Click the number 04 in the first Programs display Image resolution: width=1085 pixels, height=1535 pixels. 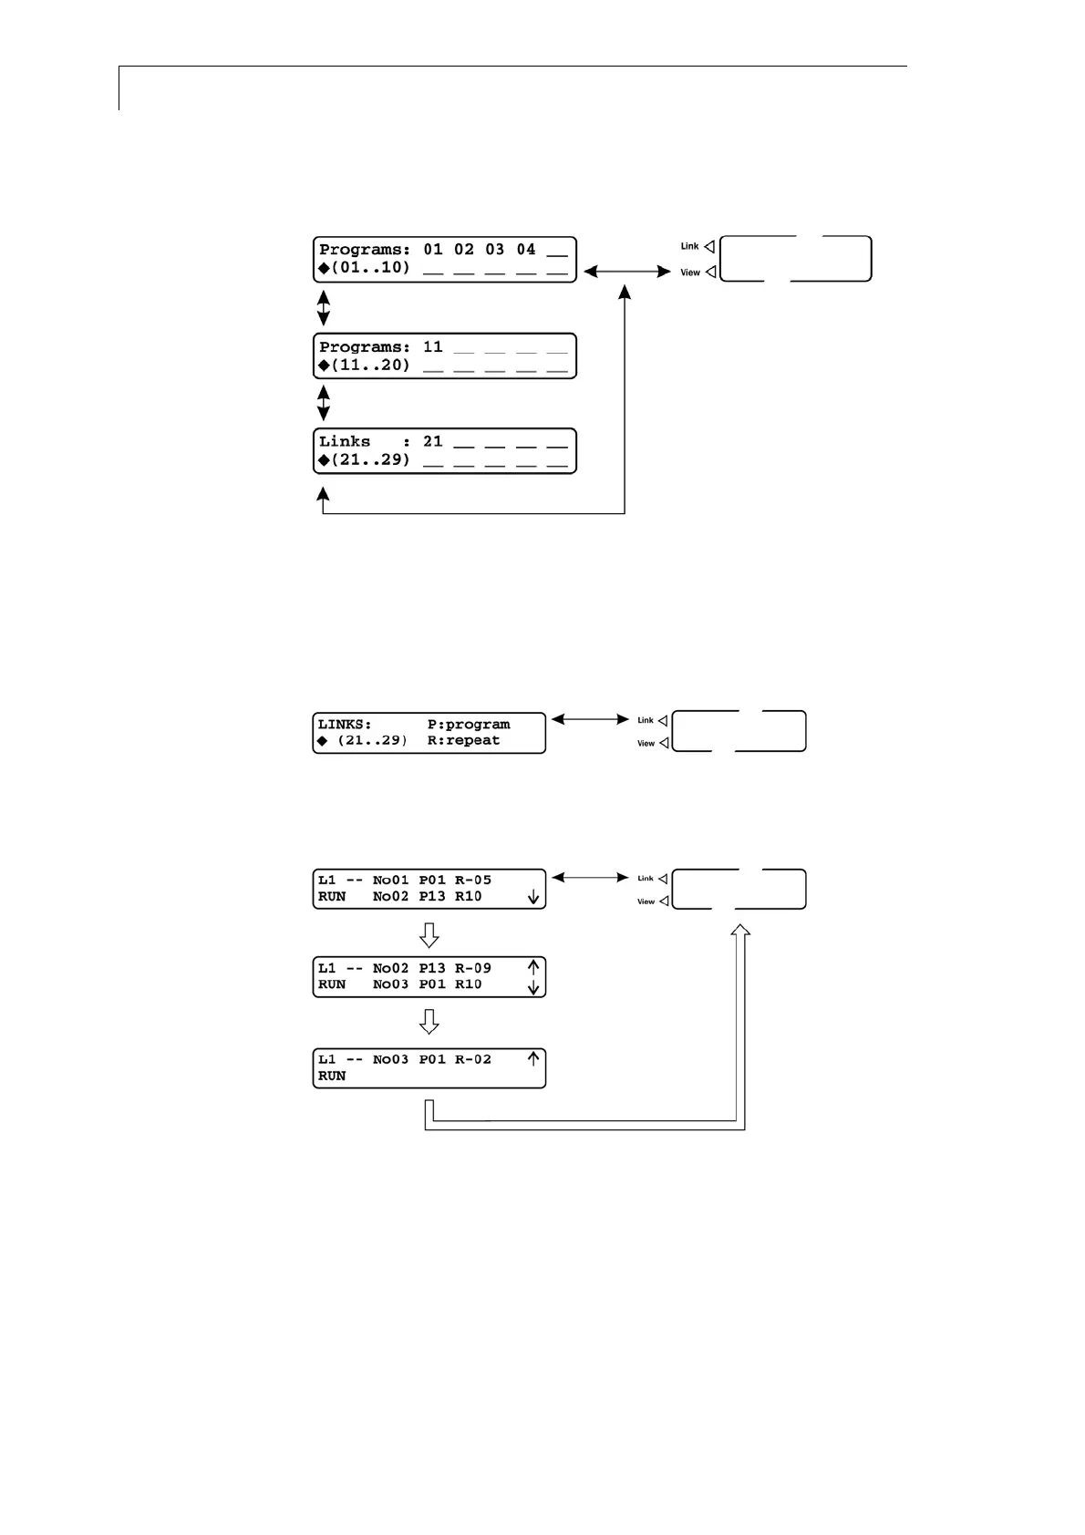tap(525, 250)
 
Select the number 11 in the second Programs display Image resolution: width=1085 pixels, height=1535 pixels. tap(432, 347)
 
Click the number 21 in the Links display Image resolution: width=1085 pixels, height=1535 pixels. tap(432, 442)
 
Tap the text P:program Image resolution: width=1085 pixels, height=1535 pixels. tap(469, 725)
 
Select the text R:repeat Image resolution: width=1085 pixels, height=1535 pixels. tap(463, 741)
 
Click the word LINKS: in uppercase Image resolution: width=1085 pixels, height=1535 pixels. tap(345, 725)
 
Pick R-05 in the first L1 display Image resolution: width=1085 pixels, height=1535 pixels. tap(472, 881)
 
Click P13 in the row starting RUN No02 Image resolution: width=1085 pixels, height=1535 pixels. tap(432, 897)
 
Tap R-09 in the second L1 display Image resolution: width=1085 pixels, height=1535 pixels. tap(472, 969)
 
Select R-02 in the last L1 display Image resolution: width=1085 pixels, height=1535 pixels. tap(472, 1060)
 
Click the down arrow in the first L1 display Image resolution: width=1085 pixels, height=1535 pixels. tap(533, 898)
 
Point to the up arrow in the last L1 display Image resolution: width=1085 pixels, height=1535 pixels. tap(533, 1059)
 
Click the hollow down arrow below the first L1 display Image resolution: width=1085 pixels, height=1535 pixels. tap(429, 935)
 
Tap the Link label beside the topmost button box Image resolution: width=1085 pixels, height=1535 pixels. tap(689, 246)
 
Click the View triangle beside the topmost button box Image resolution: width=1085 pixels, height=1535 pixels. tap(710, 273)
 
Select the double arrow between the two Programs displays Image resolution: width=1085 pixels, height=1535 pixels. tap(323, 308)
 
